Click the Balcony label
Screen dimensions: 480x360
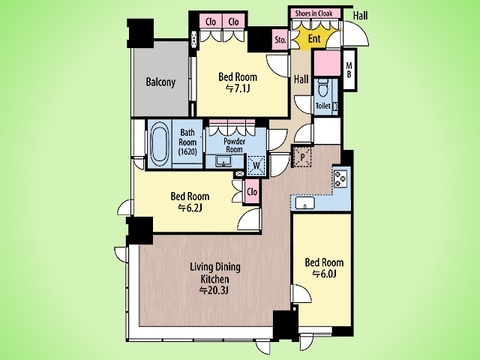pyautogui.click(x=160, y=82)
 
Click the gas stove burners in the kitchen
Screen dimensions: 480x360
pyautogui.click(x=341, y=179)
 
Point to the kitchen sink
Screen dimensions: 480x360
pyautogui.click(x=305, y=203)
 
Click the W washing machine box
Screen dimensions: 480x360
pyautogui.click(x=257, y=165)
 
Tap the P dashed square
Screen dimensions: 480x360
pyautogui.click(x=303, y=157)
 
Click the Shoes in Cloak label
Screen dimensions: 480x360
pyautogui.click(x=314, y=14)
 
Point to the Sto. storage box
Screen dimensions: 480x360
pyautogui.click(x=280, y=40)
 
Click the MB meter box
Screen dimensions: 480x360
pyautogui.click(x=349, y=70)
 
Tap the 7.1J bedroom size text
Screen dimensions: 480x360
pyautogui.click(x=238, y=89)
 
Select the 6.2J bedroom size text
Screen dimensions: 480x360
pyautogui.click(x=190, y=208)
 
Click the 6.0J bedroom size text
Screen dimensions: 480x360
pyautogui.click(x=324, y=274)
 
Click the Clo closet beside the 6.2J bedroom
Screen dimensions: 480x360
pyautogui.click(x=252, y=192)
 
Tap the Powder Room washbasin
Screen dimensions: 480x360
pyautogui.click(x=222, y=162)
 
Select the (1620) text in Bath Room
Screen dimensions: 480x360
pyautogui.click(x=188, y=152)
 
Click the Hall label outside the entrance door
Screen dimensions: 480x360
pyautogui.click(x=361, y=15)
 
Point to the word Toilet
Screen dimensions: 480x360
pyautogui.click(x=323, y=106)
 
